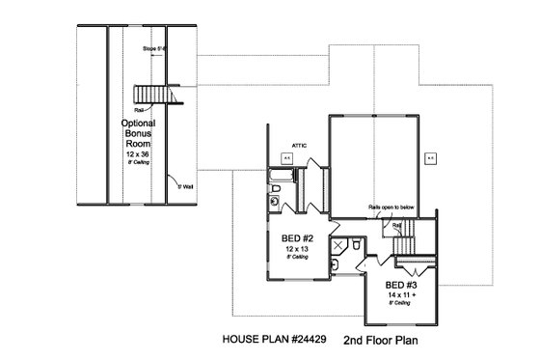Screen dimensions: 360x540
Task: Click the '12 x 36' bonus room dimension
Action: click(x=140, y=154)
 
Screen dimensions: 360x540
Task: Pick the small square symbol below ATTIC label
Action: click(x=287, y=155)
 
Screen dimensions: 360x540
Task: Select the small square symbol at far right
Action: click(x=430, y=156)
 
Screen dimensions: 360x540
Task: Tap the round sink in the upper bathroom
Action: click(x=275, y=202)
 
